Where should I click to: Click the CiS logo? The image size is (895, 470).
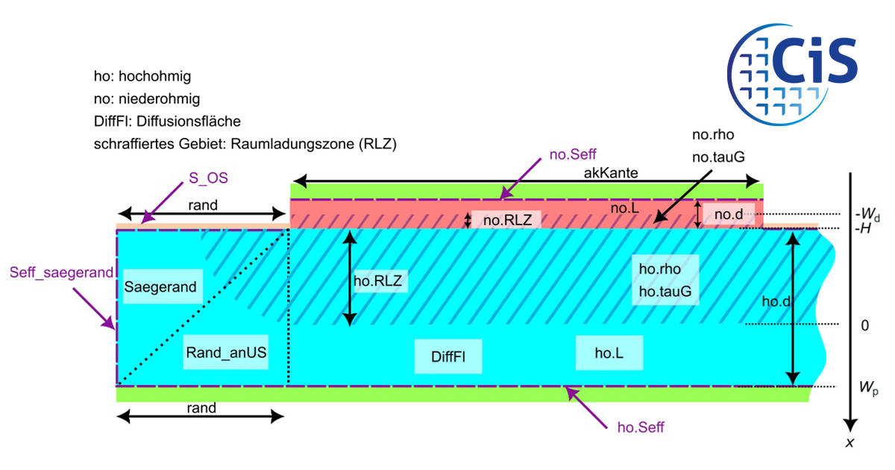pos(792,75)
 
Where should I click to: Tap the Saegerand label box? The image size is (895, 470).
pos(163,286)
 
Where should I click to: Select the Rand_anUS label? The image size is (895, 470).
pos(226,352)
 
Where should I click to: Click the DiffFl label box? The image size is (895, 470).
pos(448,357)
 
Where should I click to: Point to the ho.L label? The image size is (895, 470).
pos(609,353)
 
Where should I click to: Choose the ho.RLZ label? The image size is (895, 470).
pos(378,281)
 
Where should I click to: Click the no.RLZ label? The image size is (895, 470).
pos(506,220)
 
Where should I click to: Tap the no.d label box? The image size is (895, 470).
pos(729,214)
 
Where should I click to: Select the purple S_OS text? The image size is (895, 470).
pos(208,178)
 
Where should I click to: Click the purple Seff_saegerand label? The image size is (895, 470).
pos(61,272)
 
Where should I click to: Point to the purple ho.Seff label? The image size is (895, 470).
pos(641,427)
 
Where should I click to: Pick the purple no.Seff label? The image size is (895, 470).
pos(573,154)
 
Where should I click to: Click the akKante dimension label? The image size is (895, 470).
pos(611,172)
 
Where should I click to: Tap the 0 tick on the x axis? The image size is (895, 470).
pos(864,326)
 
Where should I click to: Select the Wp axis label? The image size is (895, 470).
pos(868,388)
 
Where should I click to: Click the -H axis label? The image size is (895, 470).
pos(863,228)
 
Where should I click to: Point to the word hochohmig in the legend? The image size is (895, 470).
pos(154,76)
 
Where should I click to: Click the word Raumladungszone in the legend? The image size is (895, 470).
pos(292,143)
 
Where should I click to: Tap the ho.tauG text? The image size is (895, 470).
pos(665,292)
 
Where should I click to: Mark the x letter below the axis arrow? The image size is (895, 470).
pos(850,442)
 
